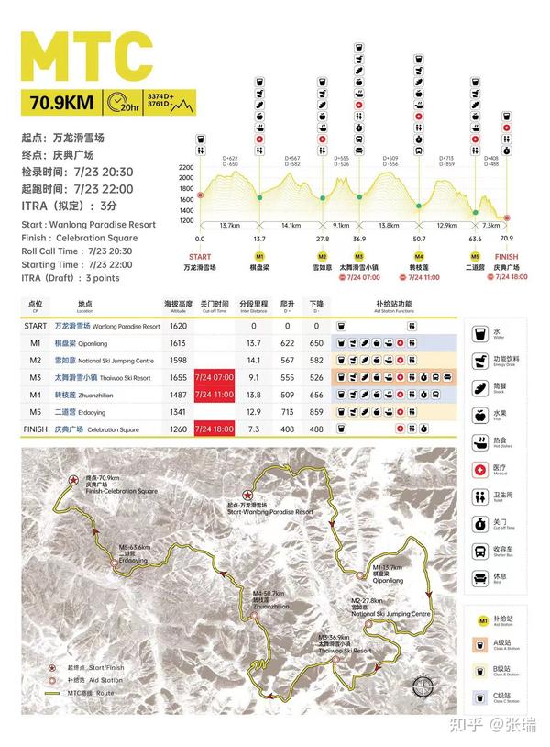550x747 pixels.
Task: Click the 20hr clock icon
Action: point(121,102)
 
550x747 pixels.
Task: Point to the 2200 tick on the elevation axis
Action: point(186,168)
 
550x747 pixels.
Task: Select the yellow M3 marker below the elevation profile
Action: point(359,257)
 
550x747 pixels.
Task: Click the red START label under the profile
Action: point(199,257)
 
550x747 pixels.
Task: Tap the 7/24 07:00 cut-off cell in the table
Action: point(213,376)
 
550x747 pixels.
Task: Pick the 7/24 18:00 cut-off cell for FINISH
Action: point(213,429)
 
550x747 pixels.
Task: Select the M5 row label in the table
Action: point(36,411)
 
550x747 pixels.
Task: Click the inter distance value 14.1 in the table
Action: point(247,360)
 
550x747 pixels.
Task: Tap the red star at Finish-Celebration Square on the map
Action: point(72,480)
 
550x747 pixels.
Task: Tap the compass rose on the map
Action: point(425,686)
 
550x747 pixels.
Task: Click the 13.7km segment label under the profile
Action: point(229,225)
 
